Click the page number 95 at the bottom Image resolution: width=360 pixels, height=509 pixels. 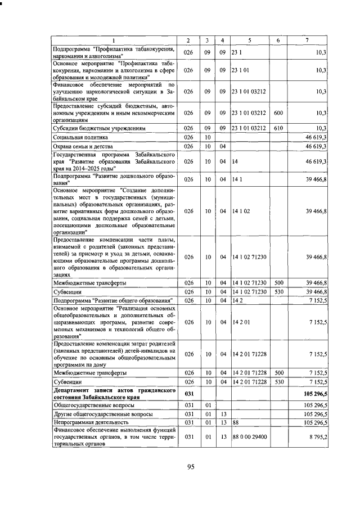(x=190, y=466)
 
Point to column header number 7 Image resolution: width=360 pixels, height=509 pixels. (x=307, y=40)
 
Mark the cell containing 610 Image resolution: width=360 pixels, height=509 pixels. (x=278, y=128)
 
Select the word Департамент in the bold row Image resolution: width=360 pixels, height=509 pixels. (x=73, y=389)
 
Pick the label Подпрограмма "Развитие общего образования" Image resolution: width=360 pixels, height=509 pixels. (x=112, y=300)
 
